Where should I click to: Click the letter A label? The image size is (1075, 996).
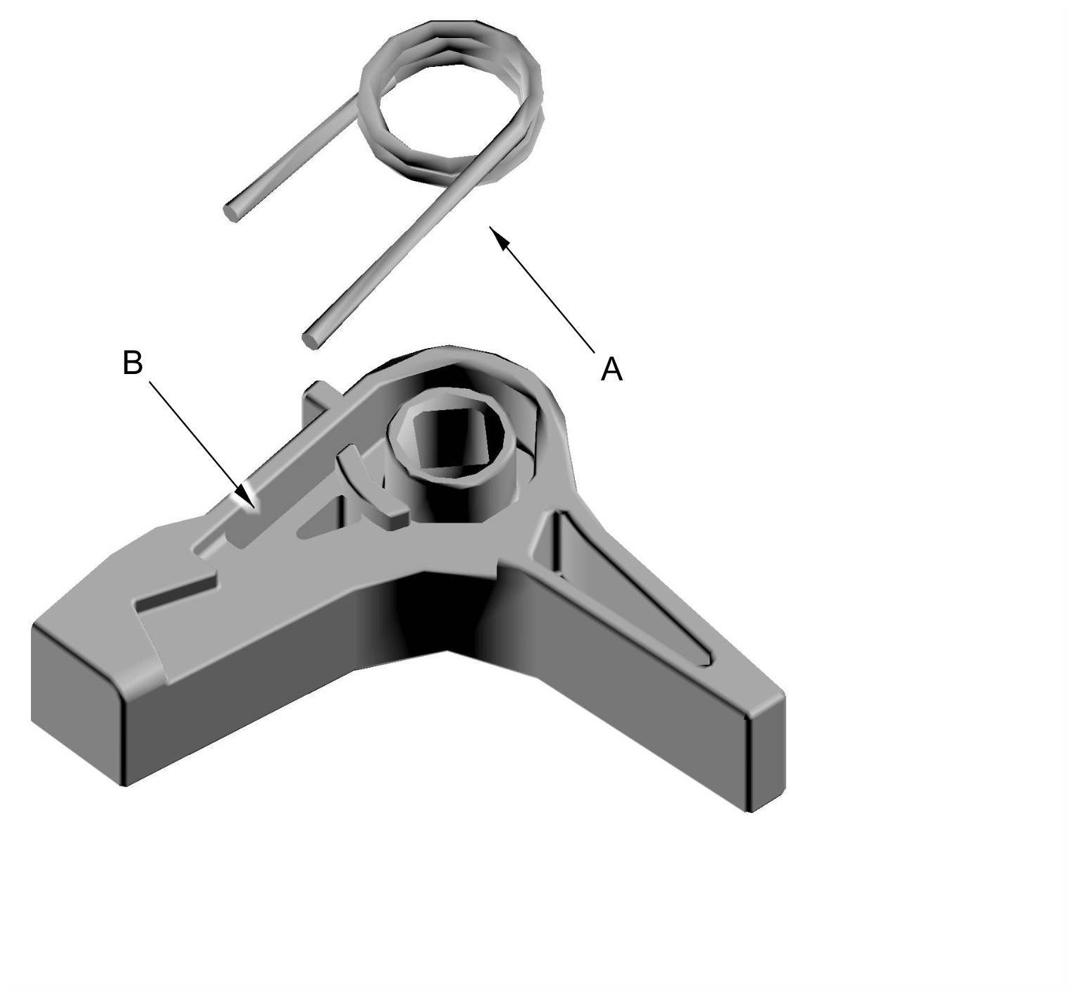pyautogui.click(x=611, y=369)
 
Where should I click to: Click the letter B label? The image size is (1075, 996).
pyautogui.click(x=132, y=363)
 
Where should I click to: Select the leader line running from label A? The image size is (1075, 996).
pyautogui.click(x=542, y=289)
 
